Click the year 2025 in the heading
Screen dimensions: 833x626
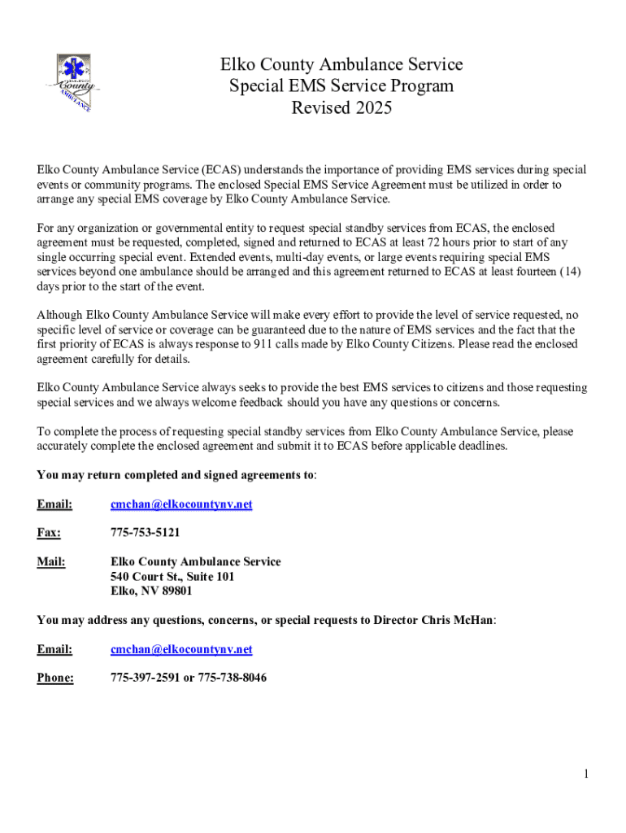tap(372, 107)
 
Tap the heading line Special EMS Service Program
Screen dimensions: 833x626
tap(341, 86)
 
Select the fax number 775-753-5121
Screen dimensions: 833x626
tap(145, 533)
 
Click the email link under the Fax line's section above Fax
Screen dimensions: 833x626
tap(181, 504)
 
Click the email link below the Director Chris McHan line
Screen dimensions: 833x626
tap(181, 649)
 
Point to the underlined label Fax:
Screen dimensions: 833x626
tap(49, 533)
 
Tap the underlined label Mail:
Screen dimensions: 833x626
tap(51, 562)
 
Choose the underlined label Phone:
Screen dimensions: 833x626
tap(55, 678)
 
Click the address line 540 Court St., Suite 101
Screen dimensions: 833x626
tap(172, 577)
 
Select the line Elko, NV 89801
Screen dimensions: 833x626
tap(151, 591)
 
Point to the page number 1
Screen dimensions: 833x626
tap(585, 774)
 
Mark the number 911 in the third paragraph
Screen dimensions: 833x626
tap(246, 344)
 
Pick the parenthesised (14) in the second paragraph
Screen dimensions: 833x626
tap(569, 273)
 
